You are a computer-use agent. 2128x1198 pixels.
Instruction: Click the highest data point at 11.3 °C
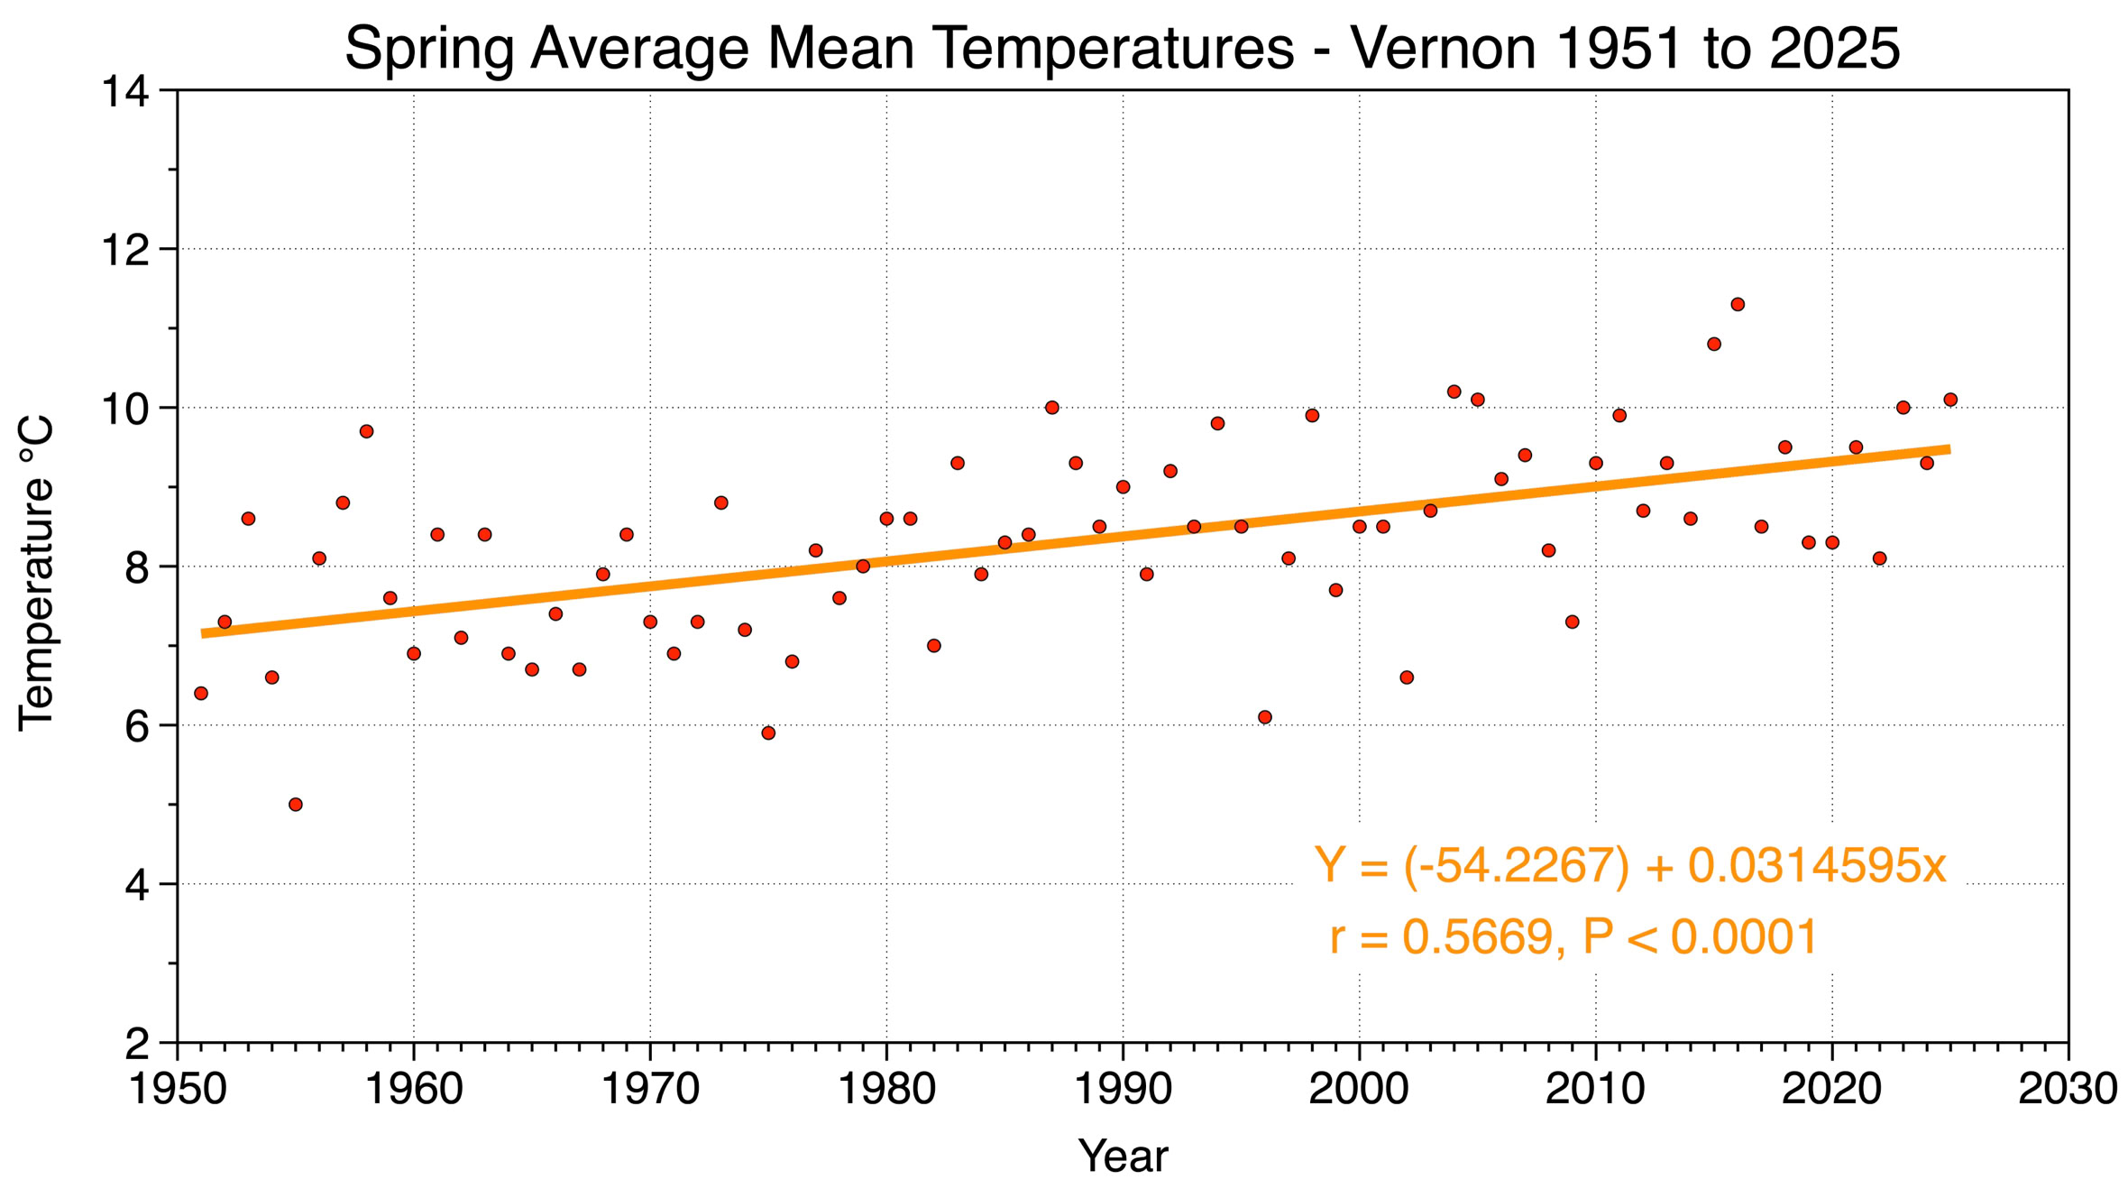pyautogui.click(x=1738, y=305)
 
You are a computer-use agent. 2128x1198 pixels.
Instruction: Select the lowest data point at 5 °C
pyautogui.click(x=296, y=805)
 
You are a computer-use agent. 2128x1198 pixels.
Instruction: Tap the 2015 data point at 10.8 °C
pyautogui.click(x=1714, y=345)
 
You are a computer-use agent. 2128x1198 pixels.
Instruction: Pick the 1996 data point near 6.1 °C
pyautogui.click(x=1265, y=717)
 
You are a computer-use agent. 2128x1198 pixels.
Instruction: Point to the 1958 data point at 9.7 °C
pyautogui.click(x=367, y=432)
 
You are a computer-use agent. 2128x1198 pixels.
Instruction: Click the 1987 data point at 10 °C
pyautogui.click(x=1052, y=408)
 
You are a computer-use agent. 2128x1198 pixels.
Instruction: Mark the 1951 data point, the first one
pyautogui.click(x=201, y=694)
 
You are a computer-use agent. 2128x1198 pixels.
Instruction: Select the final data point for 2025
pyautogui.click(x=1950, y=400)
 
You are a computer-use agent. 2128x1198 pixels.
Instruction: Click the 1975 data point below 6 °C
pyautogui.click(x=768, y=733)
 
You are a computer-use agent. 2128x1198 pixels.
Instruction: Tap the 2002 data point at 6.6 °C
pyautogui.click(x=1407, y=677)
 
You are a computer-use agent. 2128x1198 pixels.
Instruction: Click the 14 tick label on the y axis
pyautogui.click(x=124, y=92)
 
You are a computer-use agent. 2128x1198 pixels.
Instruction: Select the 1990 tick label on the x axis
pyautogui.click(x=1123, y=1090)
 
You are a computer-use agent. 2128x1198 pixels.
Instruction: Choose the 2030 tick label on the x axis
pyautogui.click(x=2068, y=1090)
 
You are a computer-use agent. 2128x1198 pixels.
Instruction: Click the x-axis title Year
pyautogui.click(x=1123, y=1157)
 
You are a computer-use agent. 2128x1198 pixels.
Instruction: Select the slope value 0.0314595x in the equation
pyautogui.click(x=1817, y=866)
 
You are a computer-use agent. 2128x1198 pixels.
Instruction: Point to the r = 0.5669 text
pyautogui.click(x=1441, y=937)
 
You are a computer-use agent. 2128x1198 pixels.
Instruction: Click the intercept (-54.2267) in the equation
pyautogui.click(x=1517, y=866)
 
